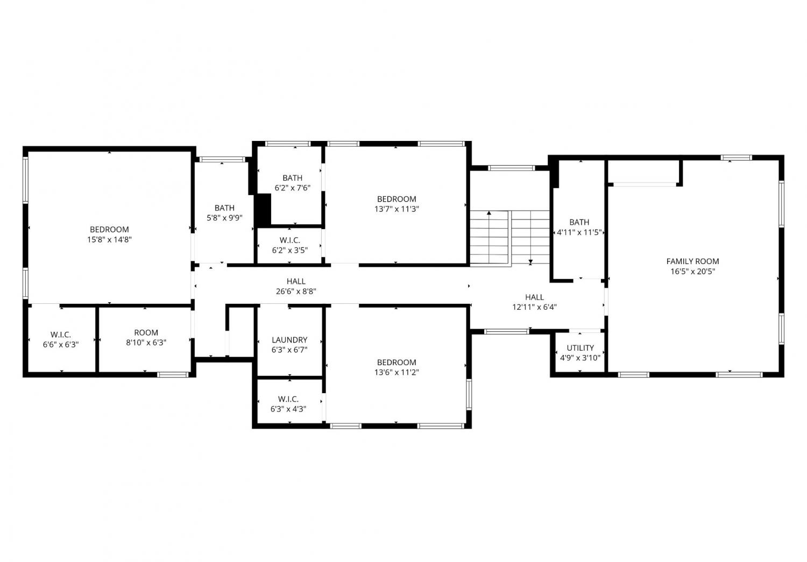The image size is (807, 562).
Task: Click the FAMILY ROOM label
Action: coord(692,261)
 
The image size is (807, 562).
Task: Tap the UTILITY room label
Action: coord(580,348)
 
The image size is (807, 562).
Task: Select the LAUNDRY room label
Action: coord(289,340)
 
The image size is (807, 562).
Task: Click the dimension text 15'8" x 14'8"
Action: coord(109,239)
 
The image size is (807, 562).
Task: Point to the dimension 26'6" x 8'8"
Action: coord(296,291)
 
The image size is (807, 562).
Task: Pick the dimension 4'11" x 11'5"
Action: coord(579,232)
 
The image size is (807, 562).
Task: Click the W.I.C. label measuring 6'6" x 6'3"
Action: coord(60,335)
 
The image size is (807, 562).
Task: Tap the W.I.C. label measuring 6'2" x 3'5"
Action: coord(289,240)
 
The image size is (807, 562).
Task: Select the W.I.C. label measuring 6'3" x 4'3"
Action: coord(288,399)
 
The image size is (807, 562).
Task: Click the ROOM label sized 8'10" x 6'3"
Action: coord(146,333)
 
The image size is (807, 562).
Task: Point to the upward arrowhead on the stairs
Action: coord(489,213)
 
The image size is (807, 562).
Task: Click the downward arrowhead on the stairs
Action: coord(530,262)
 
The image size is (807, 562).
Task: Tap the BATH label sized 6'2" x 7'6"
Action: coord(292,178)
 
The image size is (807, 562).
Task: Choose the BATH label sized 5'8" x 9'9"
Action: coord(224,208)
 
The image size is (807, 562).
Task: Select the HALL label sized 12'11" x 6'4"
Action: coord(534,297)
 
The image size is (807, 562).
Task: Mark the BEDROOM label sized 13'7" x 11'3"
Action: coord(397,199)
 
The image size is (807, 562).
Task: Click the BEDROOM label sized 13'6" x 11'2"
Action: coord(397,362)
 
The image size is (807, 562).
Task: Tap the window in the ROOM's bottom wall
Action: coord(173,375)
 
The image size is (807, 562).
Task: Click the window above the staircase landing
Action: coord(511,168)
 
